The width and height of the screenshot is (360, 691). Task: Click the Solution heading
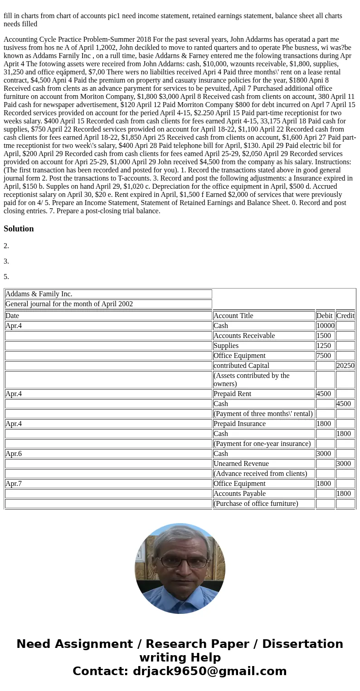(x=19, y=229)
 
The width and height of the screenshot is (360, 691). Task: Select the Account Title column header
(x=233, y=316)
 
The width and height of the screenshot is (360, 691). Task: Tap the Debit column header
(x=324, y=316)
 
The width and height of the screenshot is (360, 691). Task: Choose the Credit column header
(x=345, y=316)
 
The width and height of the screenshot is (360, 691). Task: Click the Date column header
(x=12, y=316)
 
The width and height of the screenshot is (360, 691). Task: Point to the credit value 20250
(x=345, y=366)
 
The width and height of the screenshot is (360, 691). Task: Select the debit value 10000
(x=325, y=326)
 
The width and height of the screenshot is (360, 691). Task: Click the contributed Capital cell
(x=241, y=366)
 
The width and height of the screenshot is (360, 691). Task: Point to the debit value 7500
(x=324, y=356)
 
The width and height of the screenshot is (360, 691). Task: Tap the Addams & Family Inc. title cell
(x=39, y=294)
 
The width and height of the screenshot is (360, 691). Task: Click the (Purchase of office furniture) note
(x=256, y=504)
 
